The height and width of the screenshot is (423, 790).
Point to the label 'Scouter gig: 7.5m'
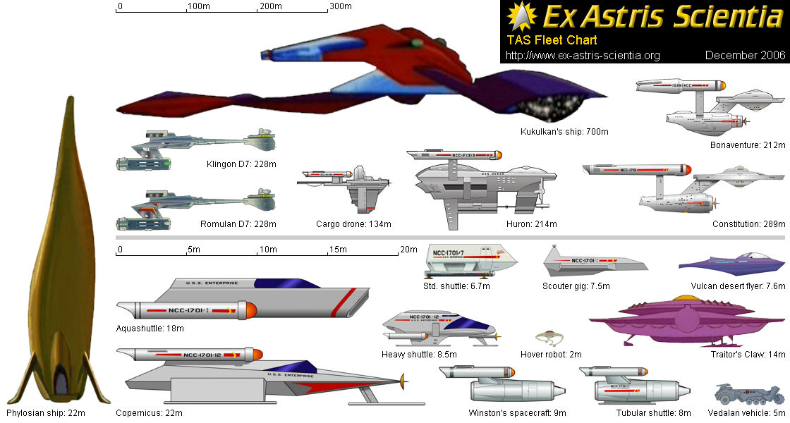[576, 286]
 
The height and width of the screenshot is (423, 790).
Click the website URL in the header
[583, 55]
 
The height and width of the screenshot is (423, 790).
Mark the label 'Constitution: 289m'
[749, 223]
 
